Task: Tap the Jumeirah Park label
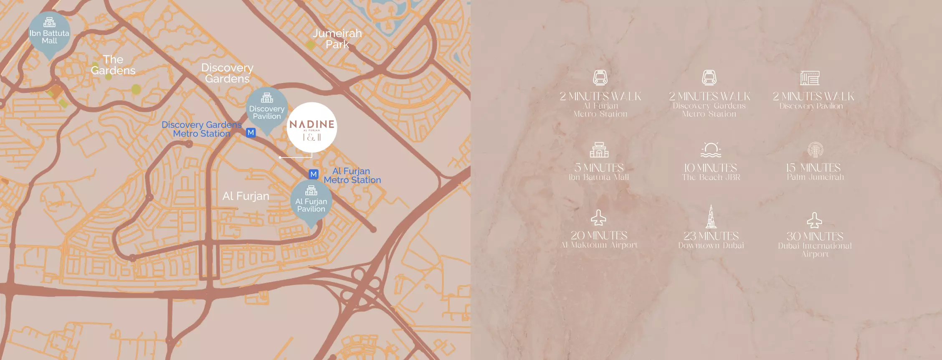(x=337, y=39)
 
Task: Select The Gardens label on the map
(x=113, y=65)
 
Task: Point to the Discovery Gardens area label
(x=227, y=73)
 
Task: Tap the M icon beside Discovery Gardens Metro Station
(x=251, y=132)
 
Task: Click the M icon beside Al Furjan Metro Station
(x=314, y=174)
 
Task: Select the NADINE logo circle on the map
(x=312, y=127)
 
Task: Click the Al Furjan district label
(x=246, y=196)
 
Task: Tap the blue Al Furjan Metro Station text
(x=352, y=175)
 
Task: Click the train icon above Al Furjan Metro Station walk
(x=600, y=77)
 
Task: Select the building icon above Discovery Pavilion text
(x=810, y=78)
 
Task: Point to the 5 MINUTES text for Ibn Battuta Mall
(x=599, y=167)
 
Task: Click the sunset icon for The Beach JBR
(x=711, y=150)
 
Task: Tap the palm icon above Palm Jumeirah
(x=815, y=150)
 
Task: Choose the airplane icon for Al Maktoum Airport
(x=598, y=218)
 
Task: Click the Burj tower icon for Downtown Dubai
(x=711, y=216)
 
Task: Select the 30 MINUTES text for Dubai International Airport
(x=815, y=236)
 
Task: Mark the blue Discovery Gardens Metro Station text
(x=202, y=129)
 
